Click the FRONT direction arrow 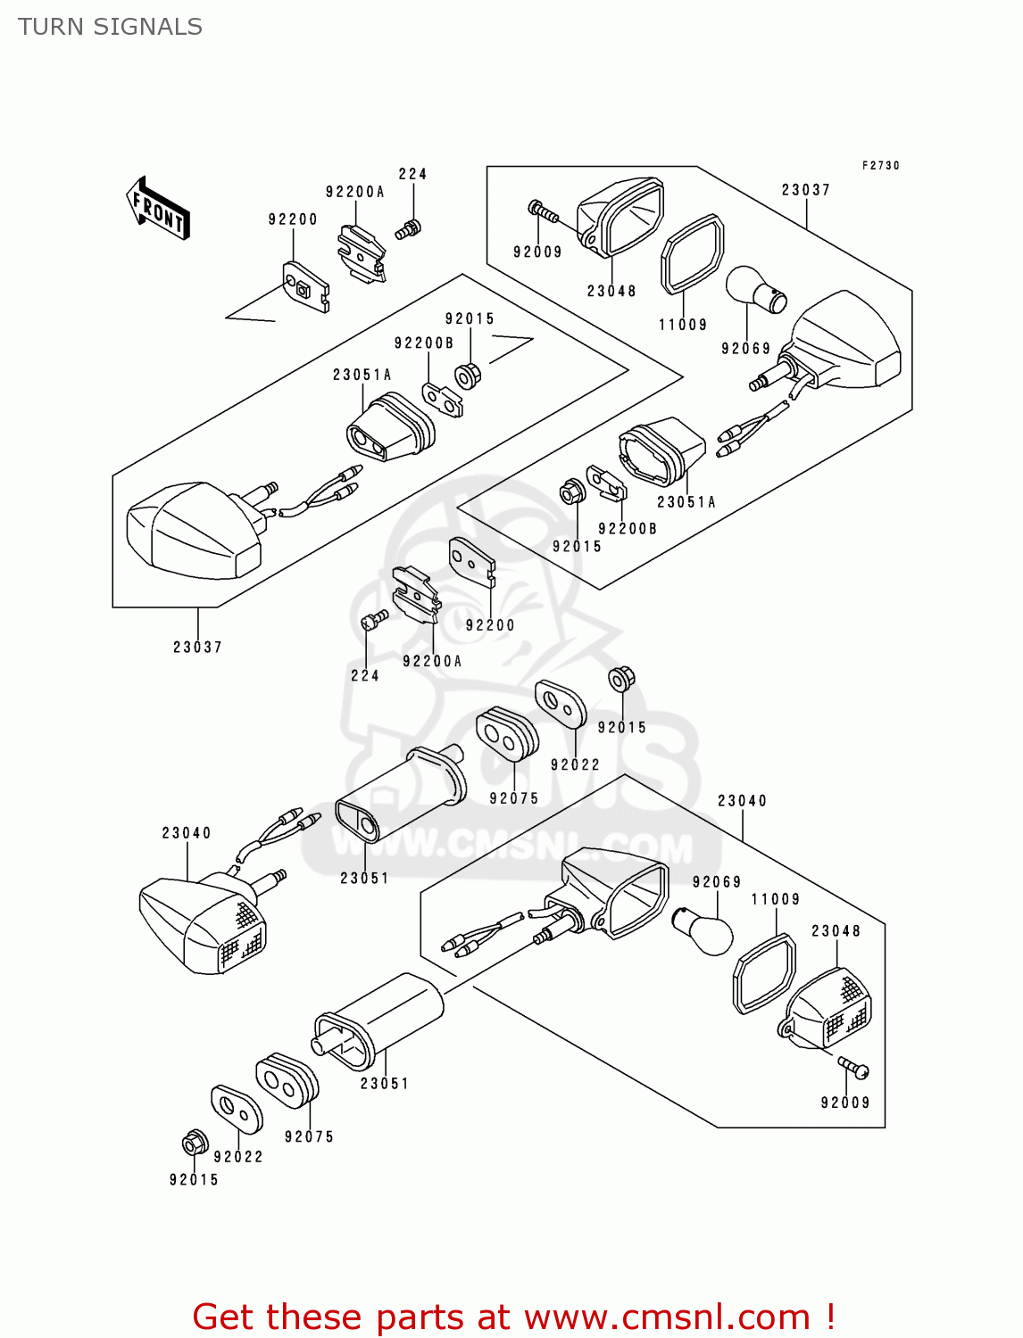coord(158,209)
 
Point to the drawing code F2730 coord(880,166)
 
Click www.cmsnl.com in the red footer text coord(666,1317)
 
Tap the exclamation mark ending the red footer coord(829,1317)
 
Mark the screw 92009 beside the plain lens coord(542,211)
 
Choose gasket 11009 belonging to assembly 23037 coord(693,254)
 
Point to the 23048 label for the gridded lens coord(836,930)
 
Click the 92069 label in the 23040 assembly coord(716,882)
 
